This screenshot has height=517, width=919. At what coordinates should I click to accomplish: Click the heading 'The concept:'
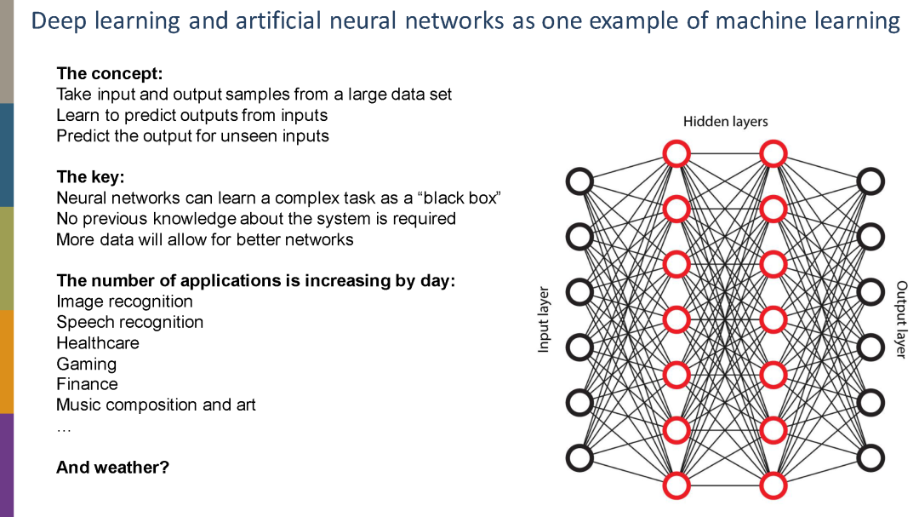tap(109, 73)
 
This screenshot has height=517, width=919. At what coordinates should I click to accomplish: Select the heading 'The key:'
tap(90, 177)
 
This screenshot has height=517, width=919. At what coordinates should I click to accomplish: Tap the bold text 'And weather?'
tap(112, 467)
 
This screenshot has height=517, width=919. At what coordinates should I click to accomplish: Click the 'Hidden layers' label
tap(725, 122)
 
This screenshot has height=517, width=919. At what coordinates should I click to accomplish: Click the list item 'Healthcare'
tap(97, 343)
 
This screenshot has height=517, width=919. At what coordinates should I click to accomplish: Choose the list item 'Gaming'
tap(86, 364)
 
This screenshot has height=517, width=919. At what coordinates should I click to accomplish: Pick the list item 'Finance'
tap(87, 384)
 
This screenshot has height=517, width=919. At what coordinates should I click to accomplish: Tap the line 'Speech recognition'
tap(129, 322)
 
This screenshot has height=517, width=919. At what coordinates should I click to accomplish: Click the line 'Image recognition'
tap(124, 302)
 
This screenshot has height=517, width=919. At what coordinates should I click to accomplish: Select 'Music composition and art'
tap(156, 405)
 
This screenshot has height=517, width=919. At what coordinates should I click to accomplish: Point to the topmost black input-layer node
tap(579, 181)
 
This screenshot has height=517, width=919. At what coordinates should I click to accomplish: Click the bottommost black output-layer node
tap(870, 457)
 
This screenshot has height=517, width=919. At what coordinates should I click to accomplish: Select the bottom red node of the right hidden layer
tap(773, 485)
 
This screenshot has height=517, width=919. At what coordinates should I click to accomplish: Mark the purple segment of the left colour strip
tap(6, 464)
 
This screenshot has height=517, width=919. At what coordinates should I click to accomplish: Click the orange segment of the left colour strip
tap(6, 361)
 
